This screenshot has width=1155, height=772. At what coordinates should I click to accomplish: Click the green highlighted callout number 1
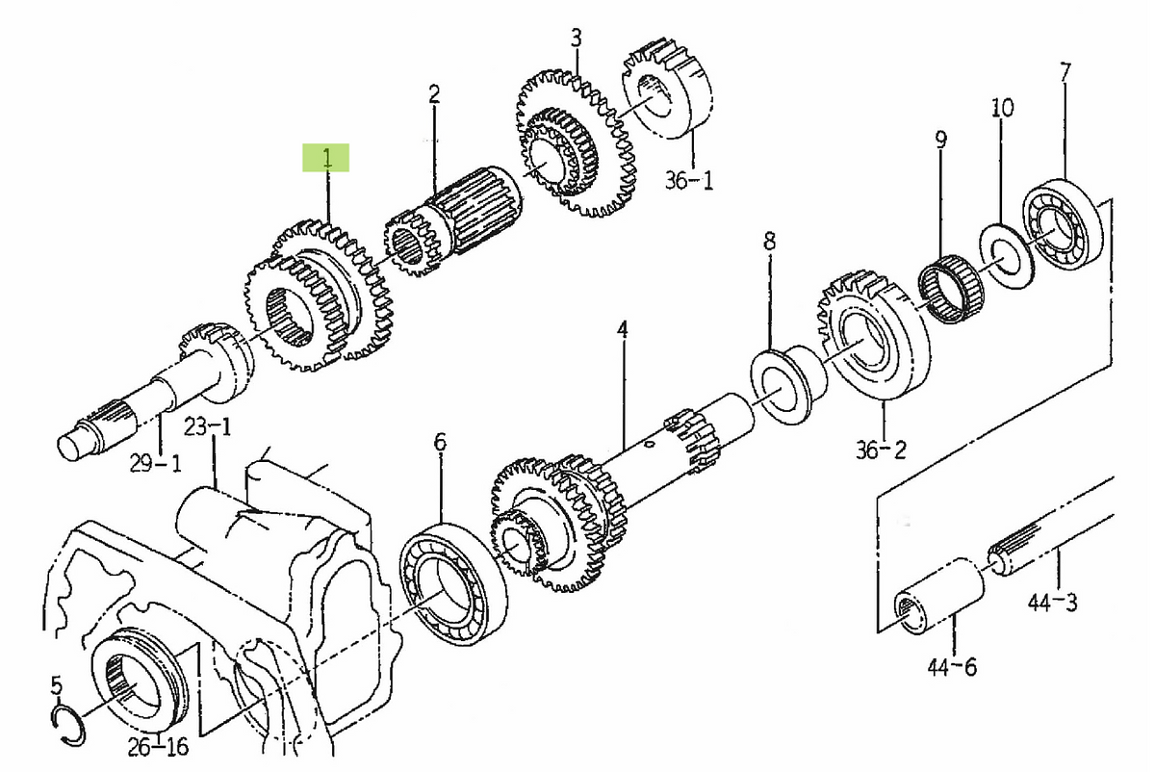click(326, 158)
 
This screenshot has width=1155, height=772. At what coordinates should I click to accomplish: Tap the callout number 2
click(434, 94)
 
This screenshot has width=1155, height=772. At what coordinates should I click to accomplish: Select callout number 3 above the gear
click(576, 39)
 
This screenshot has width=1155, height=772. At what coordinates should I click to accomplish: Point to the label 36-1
click(688, 179)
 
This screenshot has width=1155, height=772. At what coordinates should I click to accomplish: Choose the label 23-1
click(209, 425)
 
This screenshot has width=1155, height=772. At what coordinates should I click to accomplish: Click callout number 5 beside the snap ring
click(56, 686)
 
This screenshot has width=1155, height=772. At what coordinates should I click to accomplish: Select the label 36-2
click(882, 449)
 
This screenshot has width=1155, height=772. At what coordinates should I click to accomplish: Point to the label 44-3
click(1051, 604)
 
